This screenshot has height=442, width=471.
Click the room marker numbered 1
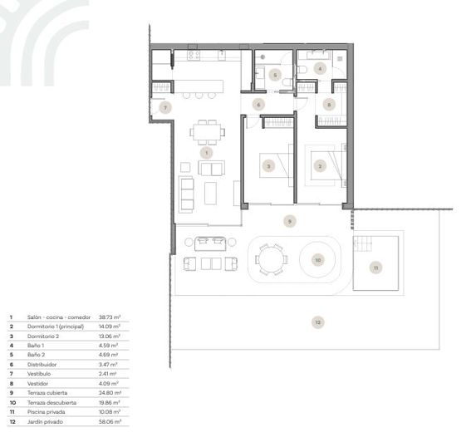207,153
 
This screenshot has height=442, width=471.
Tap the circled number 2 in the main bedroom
321,165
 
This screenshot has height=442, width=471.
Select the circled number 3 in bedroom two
268,165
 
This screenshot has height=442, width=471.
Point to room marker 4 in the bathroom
321,68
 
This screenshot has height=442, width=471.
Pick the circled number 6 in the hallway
258,105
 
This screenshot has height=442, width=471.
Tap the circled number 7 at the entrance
165,108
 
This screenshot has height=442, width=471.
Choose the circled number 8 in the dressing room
330,105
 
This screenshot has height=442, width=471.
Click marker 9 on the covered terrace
289,221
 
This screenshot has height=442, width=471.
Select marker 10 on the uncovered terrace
317,260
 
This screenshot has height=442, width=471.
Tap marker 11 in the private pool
375,268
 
